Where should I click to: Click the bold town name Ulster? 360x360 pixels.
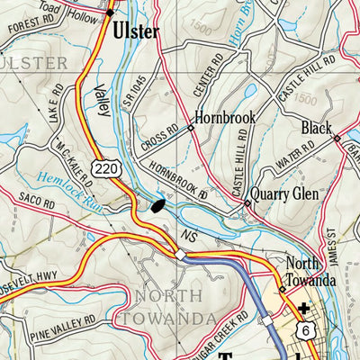[x=136, y=31]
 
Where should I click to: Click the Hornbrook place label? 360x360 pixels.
[x=226, y=118]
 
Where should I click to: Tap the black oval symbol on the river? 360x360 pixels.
[x=158, y=206]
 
